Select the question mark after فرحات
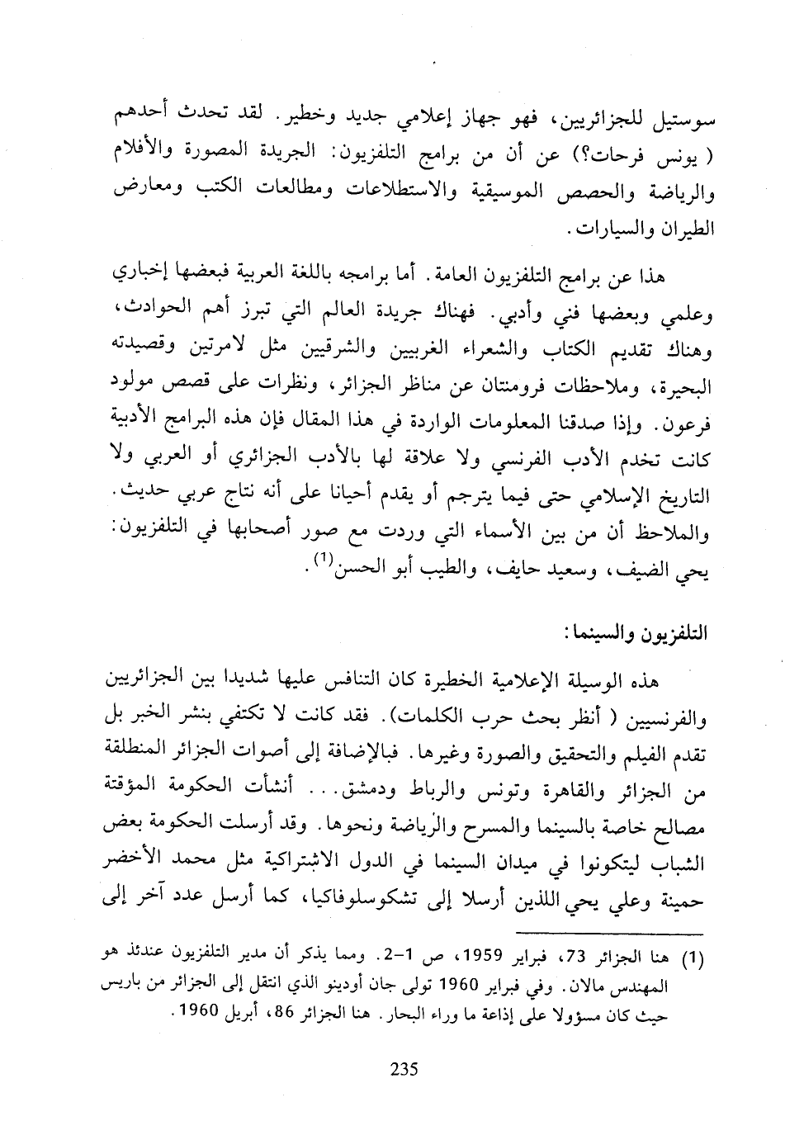point(589,157)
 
